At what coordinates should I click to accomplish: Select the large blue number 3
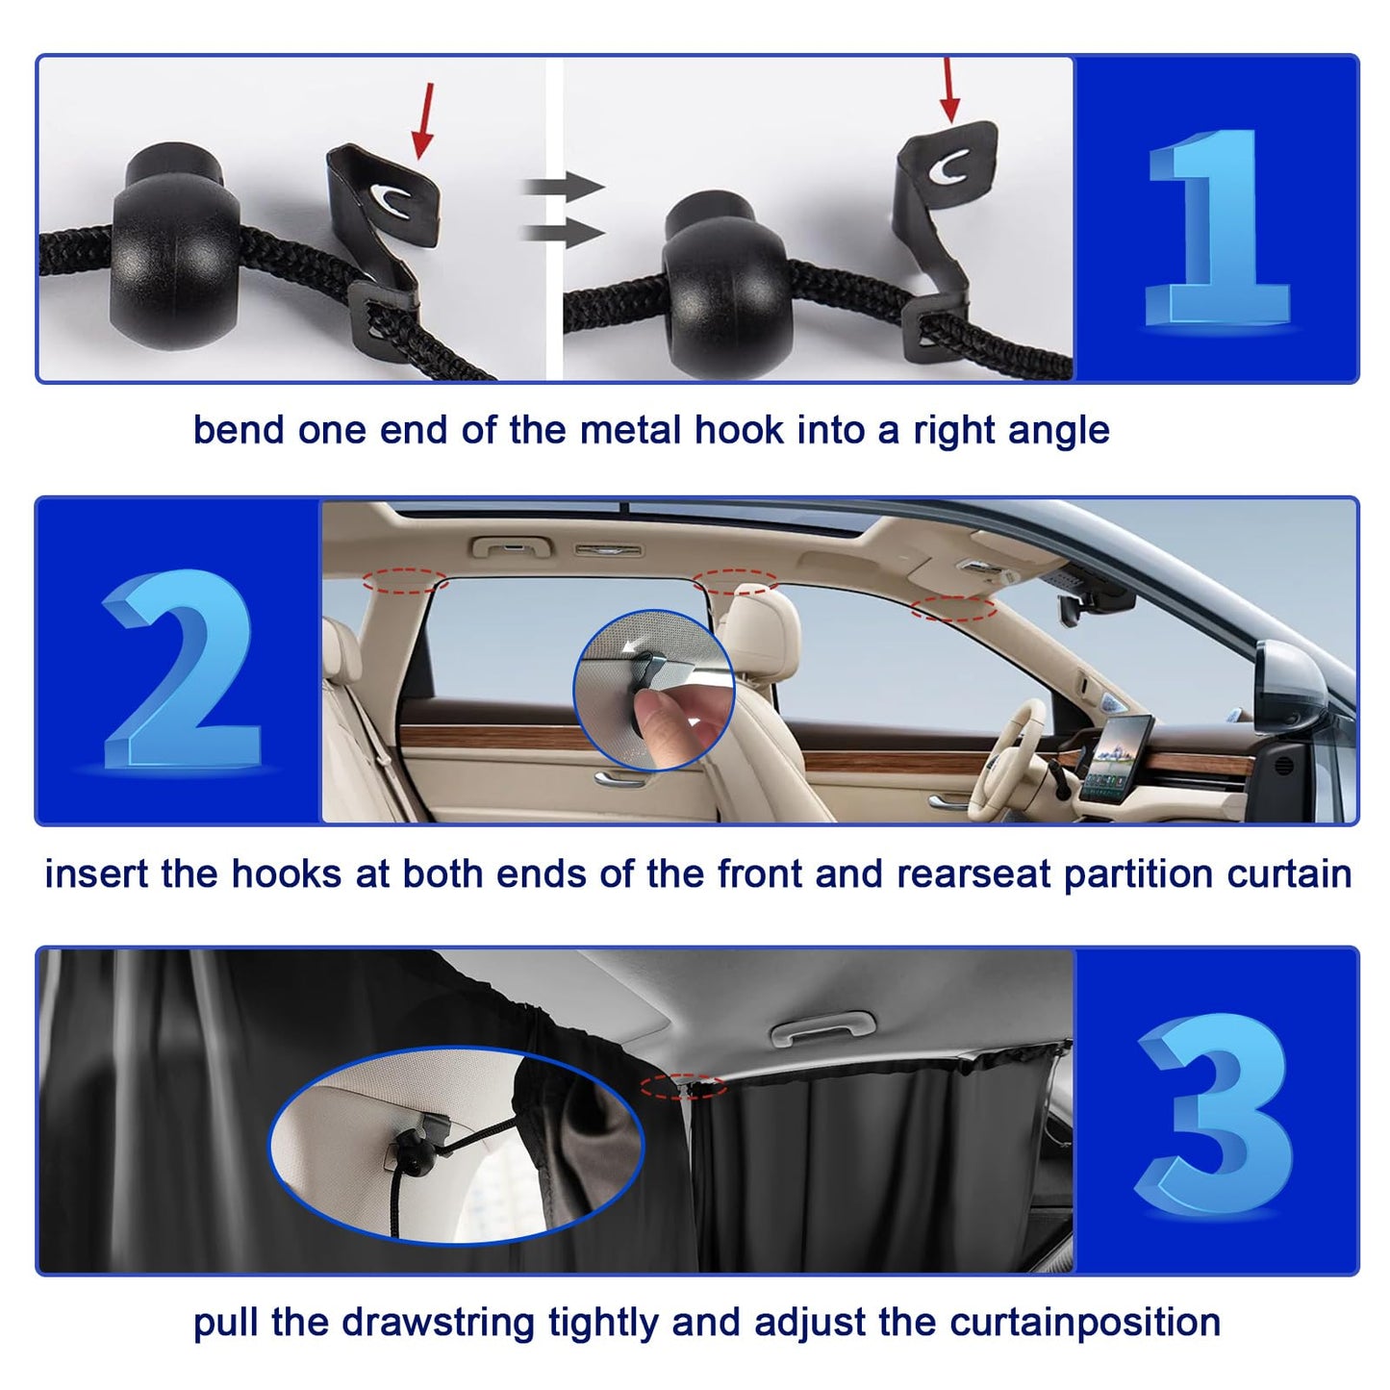click(x=1214, y=1113)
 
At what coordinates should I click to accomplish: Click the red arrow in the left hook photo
click(x=423, y=119)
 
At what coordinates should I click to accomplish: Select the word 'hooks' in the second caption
click(x=286, y=874)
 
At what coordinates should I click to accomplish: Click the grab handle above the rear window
click(x=511, y=548)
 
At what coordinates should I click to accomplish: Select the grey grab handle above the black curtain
click(x=823, y=1030)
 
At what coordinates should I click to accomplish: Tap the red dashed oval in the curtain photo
click(x=683, y=1086)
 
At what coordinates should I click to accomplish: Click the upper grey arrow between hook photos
click(x=563, y=186)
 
